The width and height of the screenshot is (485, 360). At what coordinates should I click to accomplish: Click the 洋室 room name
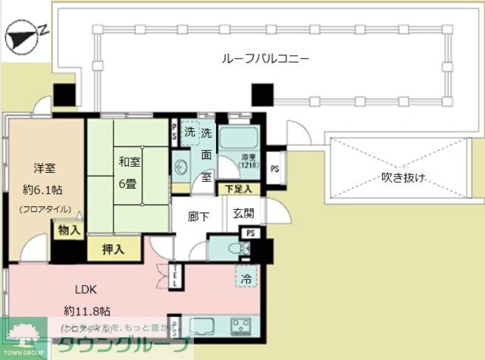(45, 168)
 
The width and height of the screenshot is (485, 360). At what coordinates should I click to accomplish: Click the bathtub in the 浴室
(239, 139)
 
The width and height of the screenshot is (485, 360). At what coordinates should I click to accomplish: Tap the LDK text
(86, 289)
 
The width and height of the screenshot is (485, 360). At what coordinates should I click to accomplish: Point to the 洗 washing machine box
(189, 133)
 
